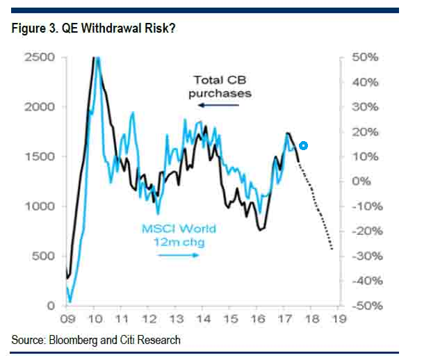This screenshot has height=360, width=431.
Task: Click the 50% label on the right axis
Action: [x=365, y=57]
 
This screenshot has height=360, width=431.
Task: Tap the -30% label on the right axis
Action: [x=364, y=256]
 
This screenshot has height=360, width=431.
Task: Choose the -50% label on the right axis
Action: [x=364, y=306]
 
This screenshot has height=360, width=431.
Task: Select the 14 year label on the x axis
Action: [x=203, y=320]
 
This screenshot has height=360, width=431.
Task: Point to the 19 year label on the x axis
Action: [x=339, y=320]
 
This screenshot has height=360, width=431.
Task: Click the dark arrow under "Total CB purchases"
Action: [x=218, y=105]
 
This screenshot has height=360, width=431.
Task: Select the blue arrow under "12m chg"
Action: [x=178, y=254]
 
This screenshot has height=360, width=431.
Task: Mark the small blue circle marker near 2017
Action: [x=303, y=146]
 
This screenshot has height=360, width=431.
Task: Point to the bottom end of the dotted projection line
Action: [x=332, y=249]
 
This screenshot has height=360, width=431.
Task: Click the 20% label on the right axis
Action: [x=365, y=132]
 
